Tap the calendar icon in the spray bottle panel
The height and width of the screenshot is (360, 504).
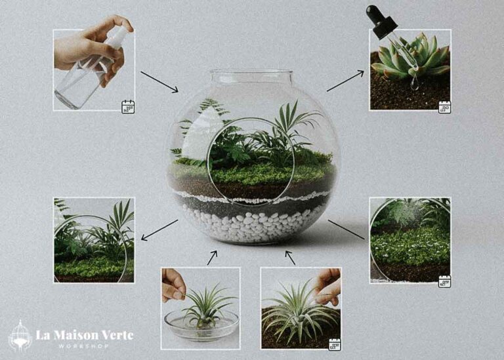point(127,106)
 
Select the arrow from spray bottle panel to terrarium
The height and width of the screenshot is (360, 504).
point(159,82)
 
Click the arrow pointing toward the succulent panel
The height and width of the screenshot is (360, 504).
point(345,81)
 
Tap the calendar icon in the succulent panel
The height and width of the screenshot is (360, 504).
point(444,107)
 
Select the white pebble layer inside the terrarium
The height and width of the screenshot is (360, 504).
point(253,223)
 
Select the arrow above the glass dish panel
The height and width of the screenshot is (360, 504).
point(212,258)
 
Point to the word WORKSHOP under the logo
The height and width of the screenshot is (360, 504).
point(84,346)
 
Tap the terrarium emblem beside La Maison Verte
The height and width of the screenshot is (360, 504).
point(20,336)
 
